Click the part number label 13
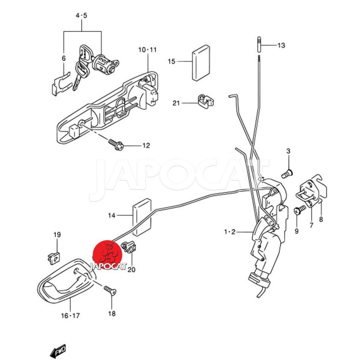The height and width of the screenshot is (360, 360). [281, 45]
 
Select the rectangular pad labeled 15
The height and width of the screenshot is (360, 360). [201, 62]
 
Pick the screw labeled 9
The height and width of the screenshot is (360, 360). [298, 210]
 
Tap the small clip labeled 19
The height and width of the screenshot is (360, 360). [53, 256]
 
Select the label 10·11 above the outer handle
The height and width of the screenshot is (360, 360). [147, 49]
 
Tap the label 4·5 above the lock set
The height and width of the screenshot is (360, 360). [81, 15]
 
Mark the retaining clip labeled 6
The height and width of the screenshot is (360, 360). [59, 81]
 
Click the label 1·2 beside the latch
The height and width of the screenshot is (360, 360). [230, 232]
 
